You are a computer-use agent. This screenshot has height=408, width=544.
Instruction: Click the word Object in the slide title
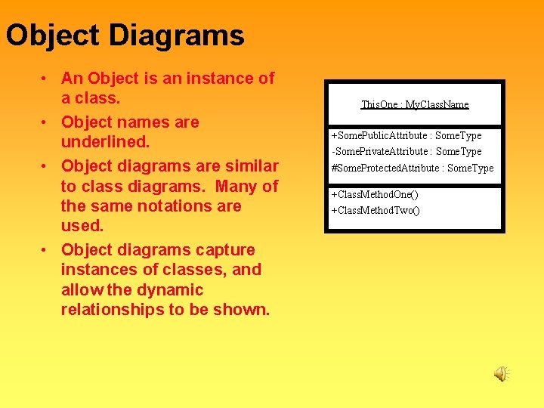tap(52, 36)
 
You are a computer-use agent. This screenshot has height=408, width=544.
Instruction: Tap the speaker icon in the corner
tap(502, 373)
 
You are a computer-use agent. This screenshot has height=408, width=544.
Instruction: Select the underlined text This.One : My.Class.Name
tap(415, 104)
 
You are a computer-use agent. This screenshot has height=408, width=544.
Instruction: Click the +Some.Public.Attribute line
tap(406, 135)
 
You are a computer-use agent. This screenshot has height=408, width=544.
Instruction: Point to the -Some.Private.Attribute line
tap(406, 151)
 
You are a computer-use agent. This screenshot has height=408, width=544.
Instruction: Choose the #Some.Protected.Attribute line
tap(412, 168)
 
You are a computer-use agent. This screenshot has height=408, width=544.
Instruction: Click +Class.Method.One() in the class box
tap(375, 194)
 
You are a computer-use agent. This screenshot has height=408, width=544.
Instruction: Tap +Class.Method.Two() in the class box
tap(376, 209)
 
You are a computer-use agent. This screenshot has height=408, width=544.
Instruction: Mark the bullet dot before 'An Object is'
tap(46, 79)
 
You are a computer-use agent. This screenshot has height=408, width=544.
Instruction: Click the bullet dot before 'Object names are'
tap(46, 122)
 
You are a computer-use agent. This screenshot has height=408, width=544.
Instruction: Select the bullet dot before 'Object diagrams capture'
tap(46, 250)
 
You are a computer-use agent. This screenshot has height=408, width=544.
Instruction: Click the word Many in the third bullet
tap(238, 186)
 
